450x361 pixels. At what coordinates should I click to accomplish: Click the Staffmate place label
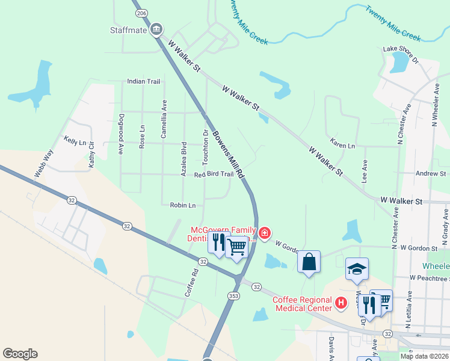click(x=128, y=29)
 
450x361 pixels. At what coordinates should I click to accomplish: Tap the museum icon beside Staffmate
click(x=156, y=29)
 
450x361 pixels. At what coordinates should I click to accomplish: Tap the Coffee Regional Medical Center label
click(x=303, y=304)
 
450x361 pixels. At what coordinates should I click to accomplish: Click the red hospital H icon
click(x=341, y=303)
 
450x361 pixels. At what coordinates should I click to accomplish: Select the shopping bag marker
click(x=309, y=262)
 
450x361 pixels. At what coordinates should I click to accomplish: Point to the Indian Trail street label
click(x=144, y=81)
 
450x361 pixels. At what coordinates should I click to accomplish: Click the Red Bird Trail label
click(x=214, y=174)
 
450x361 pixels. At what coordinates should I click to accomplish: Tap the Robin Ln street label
click(x=183, y=205)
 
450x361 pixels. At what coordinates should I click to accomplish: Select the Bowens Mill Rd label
click(x=229, y=153)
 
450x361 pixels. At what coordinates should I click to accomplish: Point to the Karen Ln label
click(x=342, y=145)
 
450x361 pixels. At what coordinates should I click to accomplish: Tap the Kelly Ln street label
click(x=75, y=141)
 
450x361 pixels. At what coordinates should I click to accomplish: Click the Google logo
click(x=20, y=354)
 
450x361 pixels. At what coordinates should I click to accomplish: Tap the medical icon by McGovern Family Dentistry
click(x=264, y=233)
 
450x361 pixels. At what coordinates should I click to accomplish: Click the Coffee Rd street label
click(x=192, y=281)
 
